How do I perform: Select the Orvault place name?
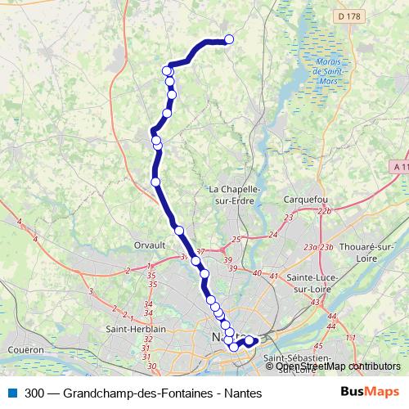coord(149,245)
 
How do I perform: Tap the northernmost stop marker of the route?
coord(229,39)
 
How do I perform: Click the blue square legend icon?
coord(11,393)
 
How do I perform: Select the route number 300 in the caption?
coord(34,393)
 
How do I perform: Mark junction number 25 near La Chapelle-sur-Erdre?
coord(236,239)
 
